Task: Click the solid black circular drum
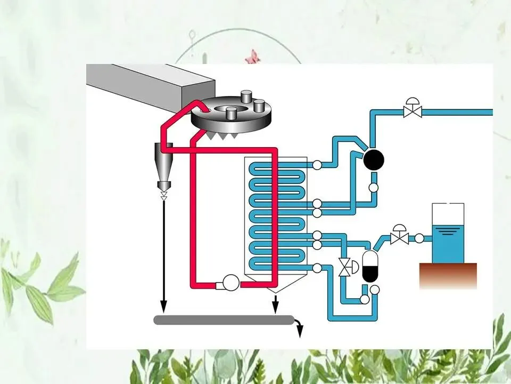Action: (x=374, y=158)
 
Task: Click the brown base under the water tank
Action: (x=448, y=275)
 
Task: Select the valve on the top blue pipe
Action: (x=413, y=110)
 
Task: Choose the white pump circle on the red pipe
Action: (x=231, y=283)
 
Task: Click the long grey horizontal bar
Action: (x=224, y=320)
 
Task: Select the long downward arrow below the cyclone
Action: (x=163, y=256)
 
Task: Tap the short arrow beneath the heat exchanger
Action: (x=275, y=305)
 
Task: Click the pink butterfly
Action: (x=251, y=56)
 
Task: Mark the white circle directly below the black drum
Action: (x=374, y=187)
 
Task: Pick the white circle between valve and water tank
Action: (x=419, y=238)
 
